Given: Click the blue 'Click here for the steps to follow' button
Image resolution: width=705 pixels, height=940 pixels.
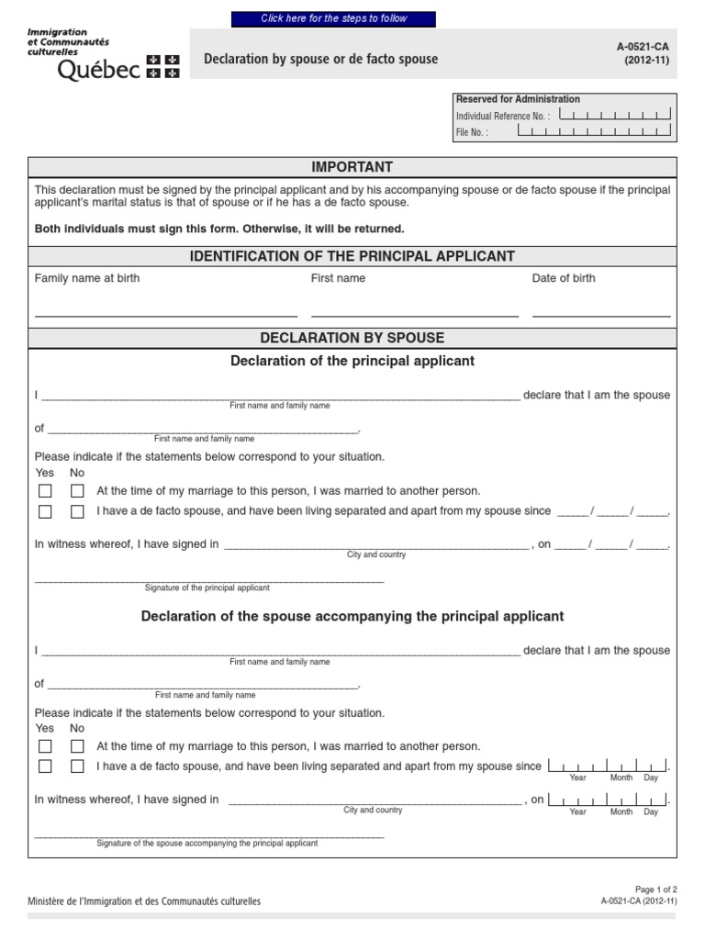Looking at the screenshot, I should [x=333, y=18].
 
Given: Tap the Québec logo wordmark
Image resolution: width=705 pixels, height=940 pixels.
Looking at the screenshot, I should [x=99, y=71].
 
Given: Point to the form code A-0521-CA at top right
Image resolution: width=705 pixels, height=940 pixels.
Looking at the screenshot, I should [x=646, y=46].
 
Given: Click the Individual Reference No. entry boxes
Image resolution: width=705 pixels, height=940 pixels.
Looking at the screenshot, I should [x=615, y=116].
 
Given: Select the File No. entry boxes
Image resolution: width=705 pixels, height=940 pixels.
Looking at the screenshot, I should [x=594, y=131].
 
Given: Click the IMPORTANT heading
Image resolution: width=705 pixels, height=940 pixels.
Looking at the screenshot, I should [x=352, y=167].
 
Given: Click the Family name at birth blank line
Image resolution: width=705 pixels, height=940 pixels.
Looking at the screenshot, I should [x=165, y=315].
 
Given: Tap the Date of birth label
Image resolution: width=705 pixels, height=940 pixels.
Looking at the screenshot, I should [x=564, y=278].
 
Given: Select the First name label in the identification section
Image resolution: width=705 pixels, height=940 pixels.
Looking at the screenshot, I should [x=338, y=278].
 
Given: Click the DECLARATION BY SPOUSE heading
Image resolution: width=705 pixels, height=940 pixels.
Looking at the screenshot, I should [x=352, y=338].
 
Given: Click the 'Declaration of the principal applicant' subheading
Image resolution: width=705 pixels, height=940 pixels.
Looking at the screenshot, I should [x=352, y=361].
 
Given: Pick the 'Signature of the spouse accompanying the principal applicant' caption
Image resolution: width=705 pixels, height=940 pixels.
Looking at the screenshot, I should [x=207, y=843].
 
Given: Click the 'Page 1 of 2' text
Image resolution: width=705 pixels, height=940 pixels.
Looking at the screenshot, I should [x=655, y=890].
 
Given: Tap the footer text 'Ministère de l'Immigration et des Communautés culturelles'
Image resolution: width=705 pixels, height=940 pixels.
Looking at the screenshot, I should [x=144, y=901].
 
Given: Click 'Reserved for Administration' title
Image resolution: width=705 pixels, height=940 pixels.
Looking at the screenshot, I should [x=518, y=99].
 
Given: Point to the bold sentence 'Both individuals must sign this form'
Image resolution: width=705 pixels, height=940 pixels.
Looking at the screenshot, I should [x=219, y=229].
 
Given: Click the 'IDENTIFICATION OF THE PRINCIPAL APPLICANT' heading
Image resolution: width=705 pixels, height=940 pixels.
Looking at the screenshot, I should [x=352, y=256].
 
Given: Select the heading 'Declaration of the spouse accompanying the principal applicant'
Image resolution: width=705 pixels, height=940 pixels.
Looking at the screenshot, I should [x=352, y=616].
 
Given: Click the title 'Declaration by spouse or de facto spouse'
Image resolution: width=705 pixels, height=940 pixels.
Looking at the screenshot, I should [x=320, y=60].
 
